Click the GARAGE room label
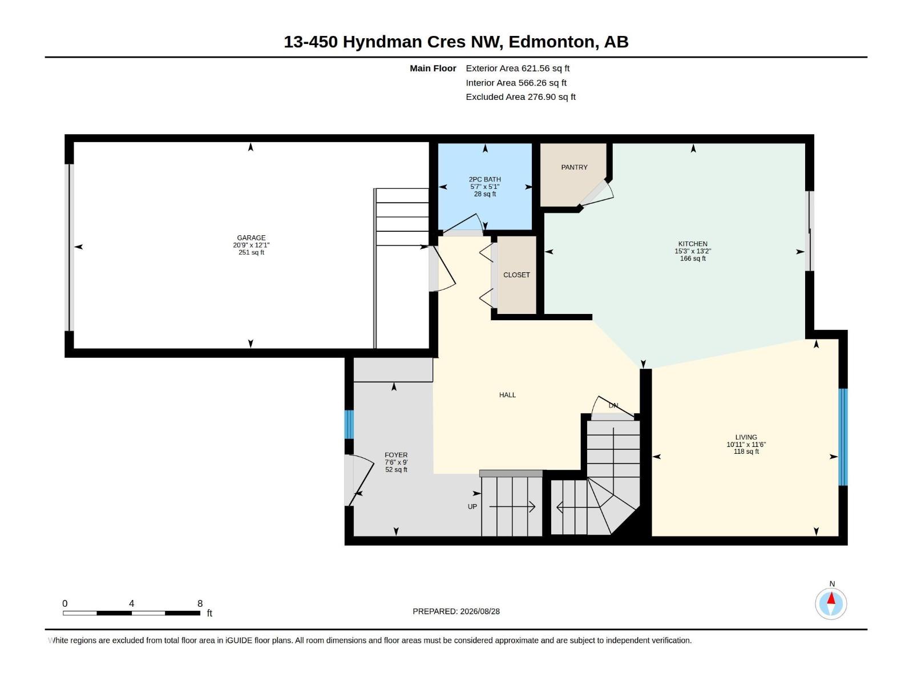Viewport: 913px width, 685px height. [251, 238]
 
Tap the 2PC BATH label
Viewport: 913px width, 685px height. [484, 179]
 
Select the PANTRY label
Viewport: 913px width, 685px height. [574, 167]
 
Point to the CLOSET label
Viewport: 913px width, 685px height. [516, 275]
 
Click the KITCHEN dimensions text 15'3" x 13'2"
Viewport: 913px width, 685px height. [693, 251]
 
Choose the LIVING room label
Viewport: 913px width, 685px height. [746, 437]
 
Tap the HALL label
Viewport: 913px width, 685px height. [507, 394]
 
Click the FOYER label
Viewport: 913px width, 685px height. [396, 455]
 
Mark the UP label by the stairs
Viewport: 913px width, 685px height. [472, 506]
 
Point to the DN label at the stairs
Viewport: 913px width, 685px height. [613, 405]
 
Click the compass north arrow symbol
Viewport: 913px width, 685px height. [831, 603]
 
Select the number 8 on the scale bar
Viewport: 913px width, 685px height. [200, 603]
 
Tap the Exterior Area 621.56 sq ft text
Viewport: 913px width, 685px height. [518, 68]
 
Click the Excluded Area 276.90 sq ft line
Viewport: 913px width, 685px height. [520, 97]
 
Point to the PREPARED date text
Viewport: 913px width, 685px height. [456, 611]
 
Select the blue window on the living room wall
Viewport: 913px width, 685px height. [843, 437]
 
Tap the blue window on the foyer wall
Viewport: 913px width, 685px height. [349, 424]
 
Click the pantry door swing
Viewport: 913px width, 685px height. [596, 194]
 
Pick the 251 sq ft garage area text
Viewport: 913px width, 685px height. [251, 252]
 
